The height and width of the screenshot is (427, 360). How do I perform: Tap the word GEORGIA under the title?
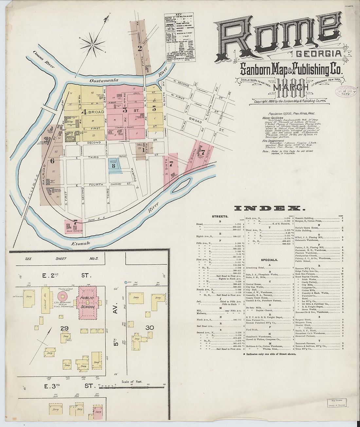point(319,54)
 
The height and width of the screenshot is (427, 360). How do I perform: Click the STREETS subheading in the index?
point(220,216)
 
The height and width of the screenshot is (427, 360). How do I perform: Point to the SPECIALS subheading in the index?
point(269,260)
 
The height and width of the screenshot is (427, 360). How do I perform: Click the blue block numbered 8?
point(114,166)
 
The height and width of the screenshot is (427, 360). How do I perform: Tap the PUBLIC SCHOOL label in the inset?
point(88,302)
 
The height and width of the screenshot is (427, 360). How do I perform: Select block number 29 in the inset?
point(64,328)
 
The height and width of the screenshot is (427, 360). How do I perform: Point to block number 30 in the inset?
point(150,328)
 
